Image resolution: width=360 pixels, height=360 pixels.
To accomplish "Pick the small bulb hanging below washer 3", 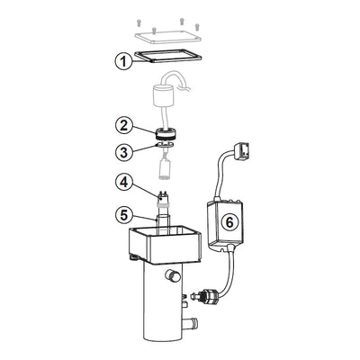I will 166,166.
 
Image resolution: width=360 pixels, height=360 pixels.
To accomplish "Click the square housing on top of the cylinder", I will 166,244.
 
